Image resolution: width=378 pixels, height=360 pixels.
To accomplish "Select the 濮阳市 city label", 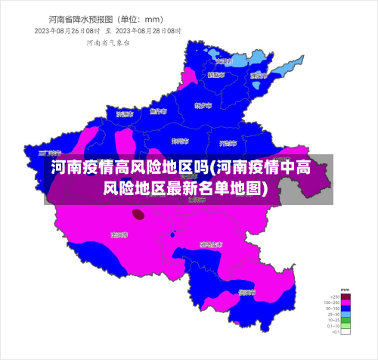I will (x=260, y=76).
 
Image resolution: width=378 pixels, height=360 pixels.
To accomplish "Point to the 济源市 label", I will (x=125, y=113).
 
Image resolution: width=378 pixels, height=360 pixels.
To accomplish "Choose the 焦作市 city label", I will (x=157, y=111).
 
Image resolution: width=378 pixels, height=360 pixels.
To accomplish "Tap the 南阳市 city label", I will (x=119, y=235).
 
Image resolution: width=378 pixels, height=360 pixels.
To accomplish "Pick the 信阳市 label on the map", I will (x=247, y=291).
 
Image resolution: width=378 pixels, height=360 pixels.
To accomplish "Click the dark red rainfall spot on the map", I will (x=138, y=214).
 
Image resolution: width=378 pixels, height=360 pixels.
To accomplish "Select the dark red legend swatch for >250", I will (x=345, y=296).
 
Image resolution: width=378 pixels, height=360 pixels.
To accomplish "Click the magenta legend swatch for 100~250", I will (x=345, y=303).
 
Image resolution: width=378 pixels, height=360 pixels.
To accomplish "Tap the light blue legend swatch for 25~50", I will (x=345, y=314).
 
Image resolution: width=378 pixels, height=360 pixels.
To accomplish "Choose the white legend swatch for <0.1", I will (x=345, y=332).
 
